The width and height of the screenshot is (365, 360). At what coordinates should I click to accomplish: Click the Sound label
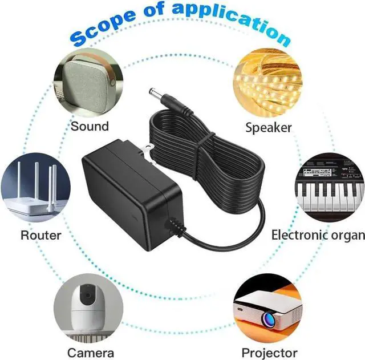pyautogui.click(x=90, y=126)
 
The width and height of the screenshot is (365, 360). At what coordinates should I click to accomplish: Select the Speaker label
pyautogui.click(x=269, y=127)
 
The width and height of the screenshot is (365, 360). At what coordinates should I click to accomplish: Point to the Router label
pyautogui.click(x=41, y=234)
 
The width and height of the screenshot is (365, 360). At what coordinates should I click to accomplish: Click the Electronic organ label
pyautogui.click(x=318, y=234)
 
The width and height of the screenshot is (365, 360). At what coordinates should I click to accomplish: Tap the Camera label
pyautogui.click(x=91, y=352)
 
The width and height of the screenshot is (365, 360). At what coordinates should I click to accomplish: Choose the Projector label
pyautogui.click(x=269, y=352)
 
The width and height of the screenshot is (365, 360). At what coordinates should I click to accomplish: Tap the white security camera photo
pyautogui.click(x=88, y=308)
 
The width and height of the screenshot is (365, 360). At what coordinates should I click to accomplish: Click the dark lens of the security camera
pyautogui.click(x=87, y=297)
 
